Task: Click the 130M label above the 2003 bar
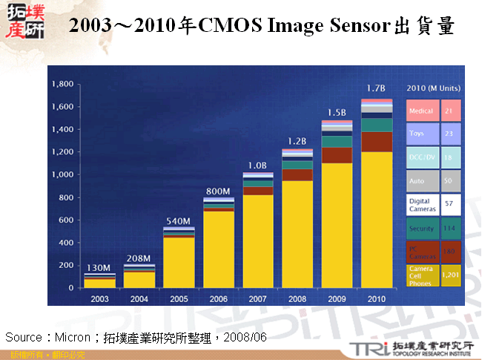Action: tap(99, 268)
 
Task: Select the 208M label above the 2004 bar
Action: tap(139, 258)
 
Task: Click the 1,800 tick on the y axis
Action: tap(62, 85)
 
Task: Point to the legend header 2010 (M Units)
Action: tap(434, 88)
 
